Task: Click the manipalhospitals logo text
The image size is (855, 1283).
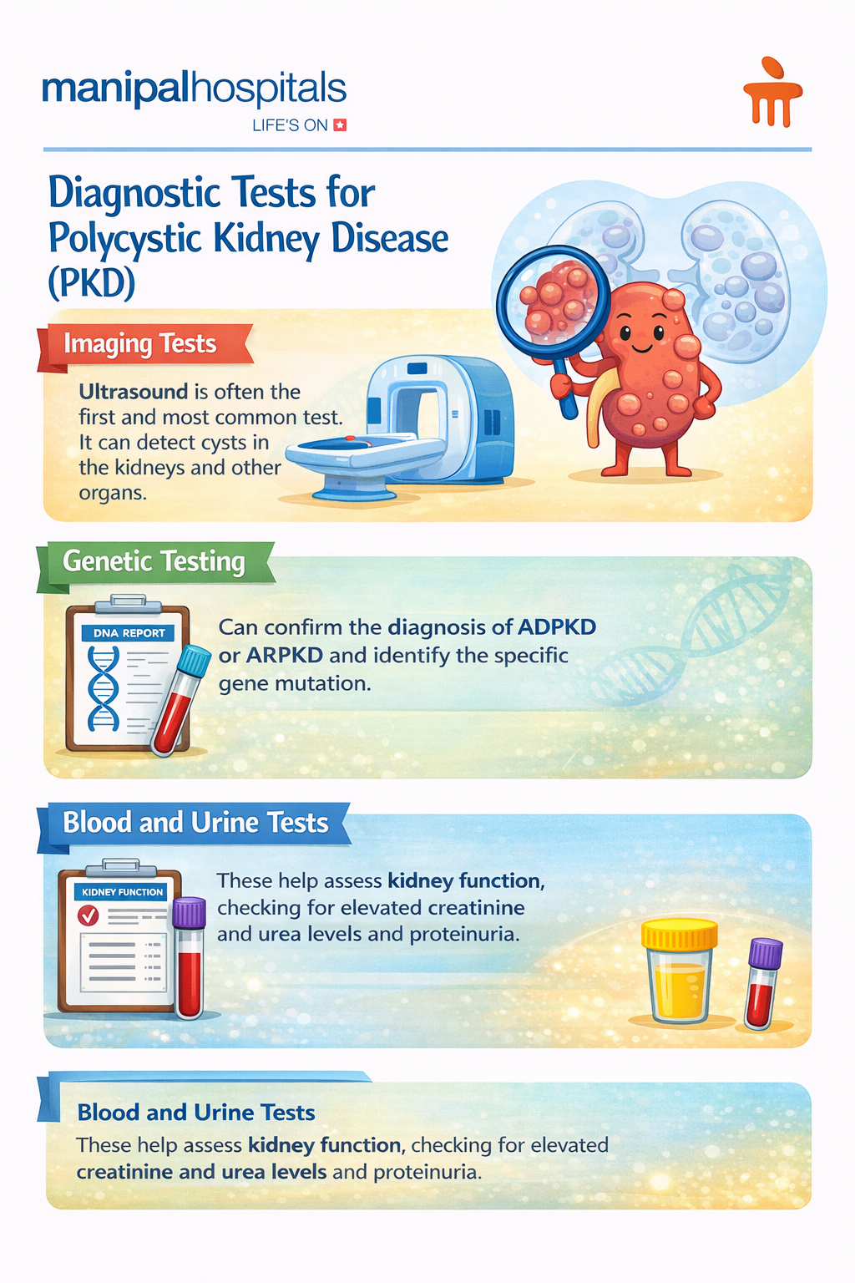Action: [194, 89]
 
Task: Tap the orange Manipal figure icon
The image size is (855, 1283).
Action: [772, 94]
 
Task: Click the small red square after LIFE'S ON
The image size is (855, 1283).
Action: [340, 125]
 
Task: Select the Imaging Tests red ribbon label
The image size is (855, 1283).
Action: [140, 344]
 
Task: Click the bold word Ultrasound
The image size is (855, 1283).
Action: [134, 392]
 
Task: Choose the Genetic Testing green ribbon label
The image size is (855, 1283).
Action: [154, 561]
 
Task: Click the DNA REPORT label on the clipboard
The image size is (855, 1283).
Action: [129, 633]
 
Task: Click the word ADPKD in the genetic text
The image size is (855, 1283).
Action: [557, 626]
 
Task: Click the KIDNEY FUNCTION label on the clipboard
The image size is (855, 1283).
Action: [123, 892]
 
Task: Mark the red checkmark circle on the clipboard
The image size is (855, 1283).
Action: [88, 916]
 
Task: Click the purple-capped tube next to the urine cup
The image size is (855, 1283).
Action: [763, 983]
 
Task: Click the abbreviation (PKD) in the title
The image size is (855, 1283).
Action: [92, 282]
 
